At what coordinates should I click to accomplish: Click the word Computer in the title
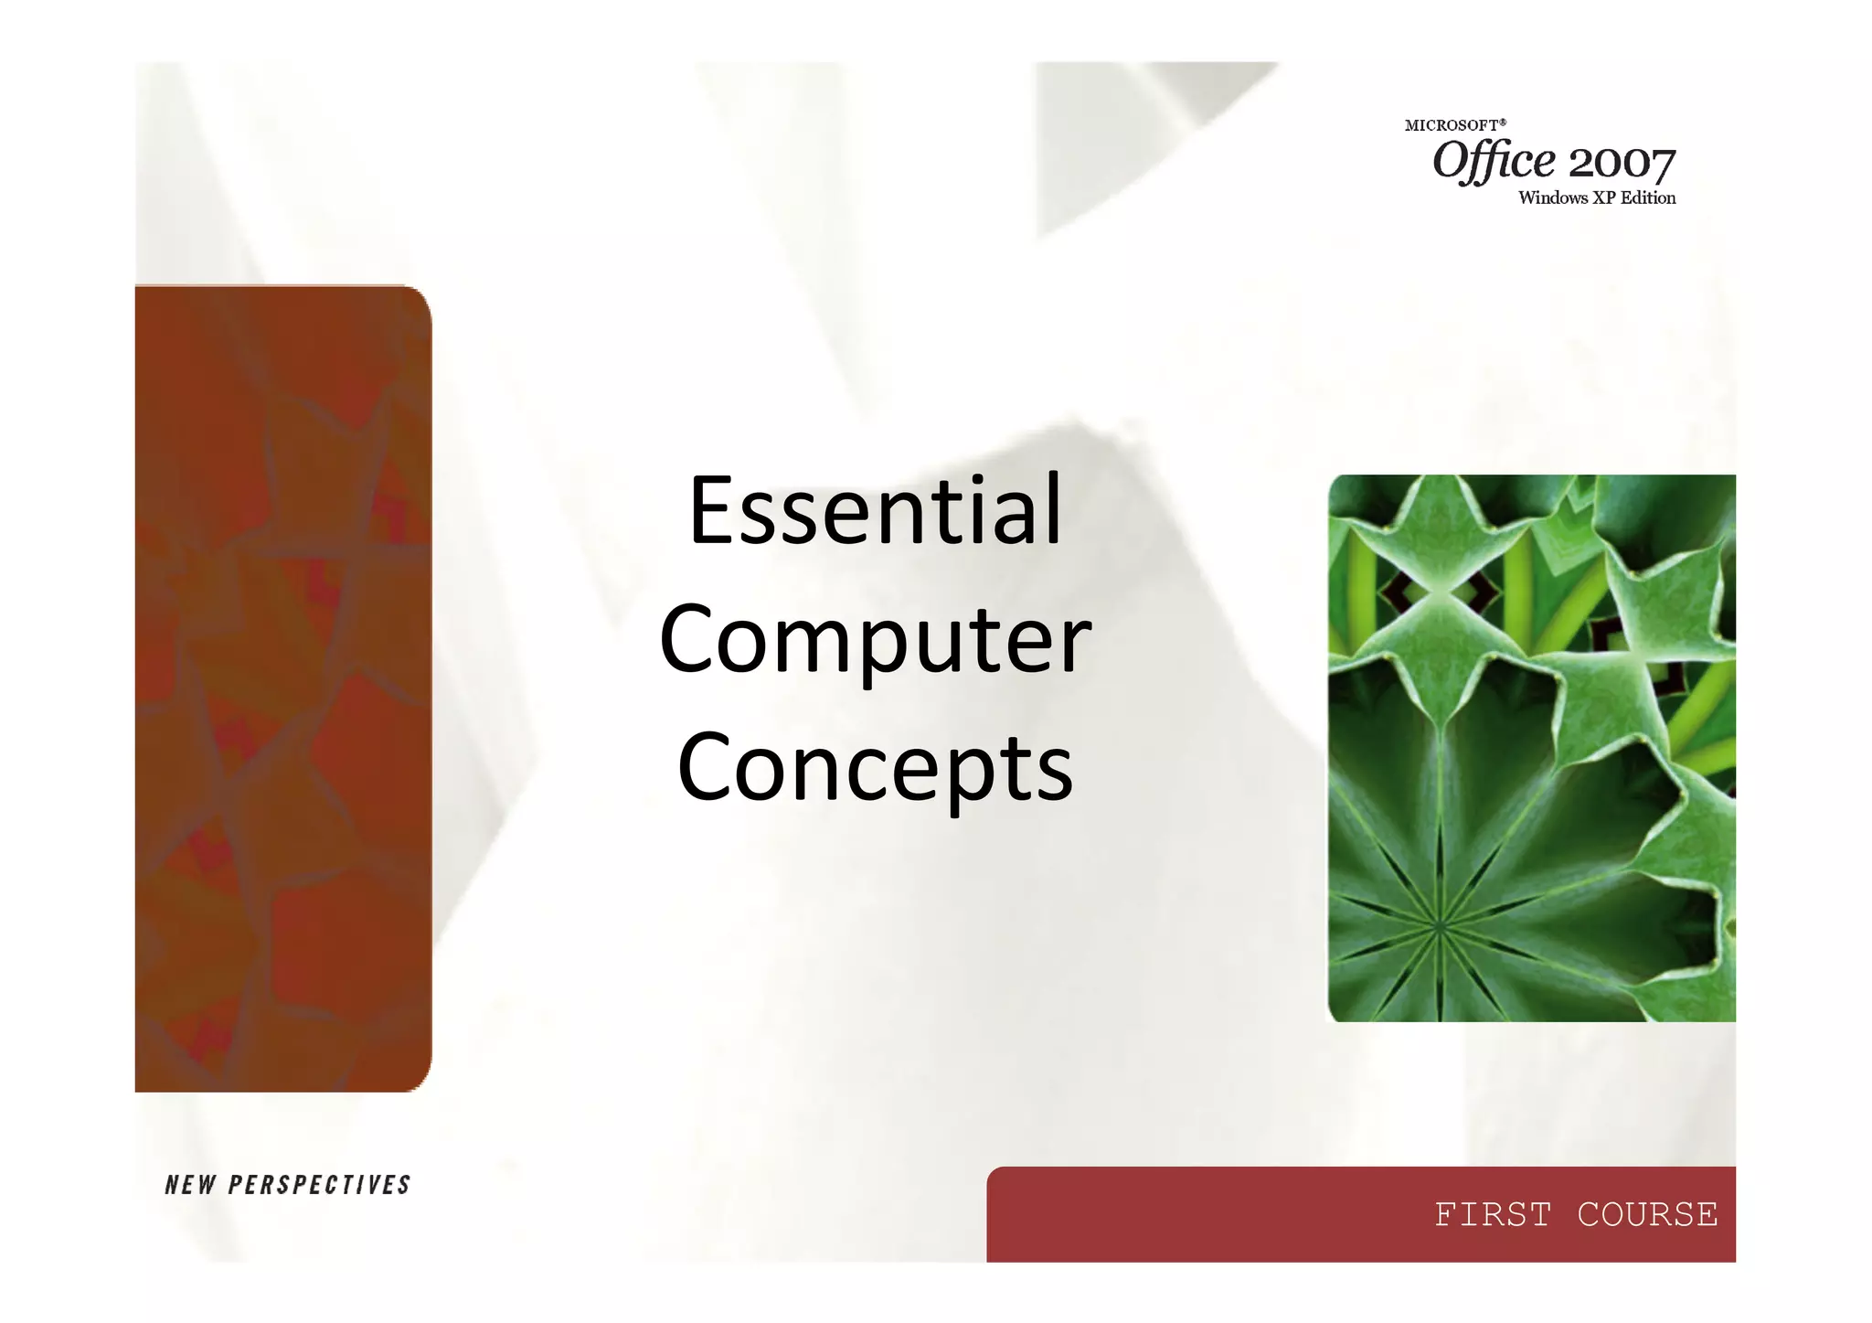(875, 640)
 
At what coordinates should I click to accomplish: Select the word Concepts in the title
(875, 768)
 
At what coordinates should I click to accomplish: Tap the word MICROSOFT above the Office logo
(1451, 126)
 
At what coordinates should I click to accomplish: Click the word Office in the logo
(1494, 163)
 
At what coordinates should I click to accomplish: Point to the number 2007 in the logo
(1622, 165)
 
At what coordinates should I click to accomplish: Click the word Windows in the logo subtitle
(1553, 198)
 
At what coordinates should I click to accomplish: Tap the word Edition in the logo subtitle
(1648, 198)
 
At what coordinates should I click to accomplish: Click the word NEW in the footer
(190, 1186)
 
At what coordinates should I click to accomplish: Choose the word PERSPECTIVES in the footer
(320, 1186)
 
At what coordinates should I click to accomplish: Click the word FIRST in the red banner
(1493, 1215)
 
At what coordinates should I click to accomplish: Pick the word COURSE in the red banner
(1647, 1215)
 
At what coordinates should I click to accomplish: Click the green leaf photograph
(1531, 748)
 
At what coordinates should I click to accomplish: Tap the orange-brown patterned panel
(282, 688)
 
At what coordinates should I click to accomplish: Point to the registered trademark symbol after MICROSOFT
(1503, 122)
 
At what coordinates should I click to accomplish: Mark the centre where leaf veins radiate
(1440, 926)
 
